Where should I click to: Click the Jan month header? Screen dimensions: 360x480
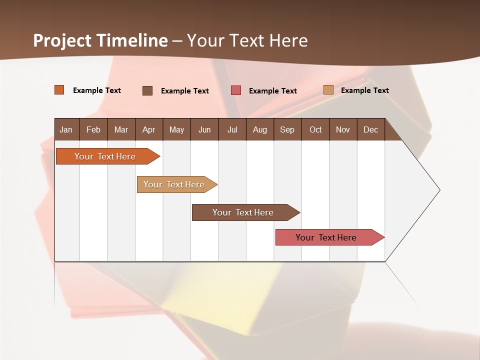tap(66, 129)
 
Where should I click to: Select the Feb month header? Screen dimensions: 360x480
tap(93, 129)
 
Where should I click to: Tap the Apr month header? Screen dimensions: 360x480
tap(148, 129)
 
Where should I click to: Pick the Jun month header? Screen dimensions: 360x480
tap(204, 129)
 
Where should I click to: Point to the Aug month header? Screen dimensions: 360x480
tap(259, 129)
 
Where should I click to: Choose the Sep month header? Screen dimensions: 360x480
tap(287, 129)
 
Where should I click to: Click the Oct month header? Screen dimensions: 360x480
tap(315, 129)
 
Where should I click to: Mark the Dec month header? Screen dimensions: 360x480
tap(370, 129)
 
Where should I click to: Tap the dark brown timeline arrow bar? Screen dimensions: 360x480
tap(243, 212)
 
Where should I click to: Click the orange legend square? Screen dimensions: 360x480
tap(59, 90)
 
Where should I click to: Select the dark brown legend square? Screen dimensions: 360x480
tap(147, 90)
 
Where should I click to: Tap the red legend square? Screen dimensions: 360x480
tap(236, 90)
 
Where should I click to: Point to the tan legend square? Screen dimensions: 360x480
tap(328, 90)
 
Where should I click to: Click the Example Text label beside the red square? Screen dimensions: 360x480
tap(272, 91)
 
